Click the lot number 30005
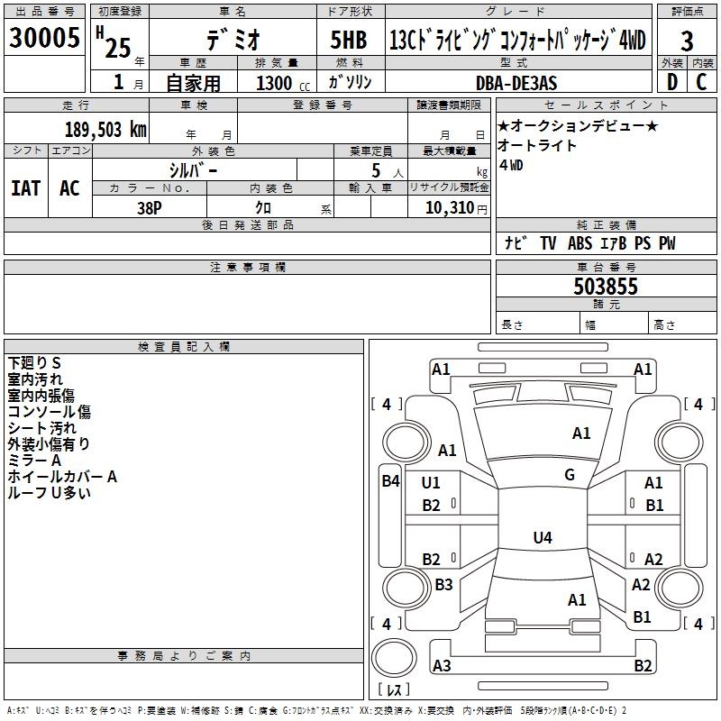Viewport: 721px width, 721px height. pos(44,39)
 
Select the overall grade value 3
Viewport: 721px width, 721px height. pos(687,41)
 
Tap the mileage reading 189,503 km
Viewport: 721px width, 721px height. pos(105,130)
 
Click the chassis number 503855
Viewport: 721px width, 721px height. pos(606,287)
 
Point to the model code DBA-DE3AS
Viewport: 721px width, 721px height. pos(516,83)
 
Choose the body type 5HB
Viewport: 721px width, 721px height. pos(348,41)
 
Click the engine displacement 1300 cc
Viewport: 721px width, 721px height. pos(274,83)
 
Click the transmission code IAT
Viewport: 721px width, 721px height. pos(25,187)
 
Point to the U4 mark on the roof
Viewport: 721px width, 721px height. pos(542,538)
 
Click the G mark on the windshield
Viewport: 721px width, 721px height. pos(569,475)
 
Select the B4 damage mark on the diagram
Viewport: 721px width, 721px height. pos(389,481)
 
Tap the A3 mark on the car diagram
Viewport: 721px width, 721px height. pos(442,666)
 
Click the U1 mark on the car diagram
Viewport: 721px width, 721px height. pos(431,483)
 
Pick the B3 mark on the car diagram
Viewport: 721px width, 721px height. pos(443,585)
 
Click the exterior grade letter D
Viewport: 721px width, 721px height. pos(671,82)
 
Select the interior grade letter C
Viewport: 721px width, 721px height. pos(702,82)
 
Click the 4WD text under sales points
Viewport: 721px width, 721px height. pos(510,165)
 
